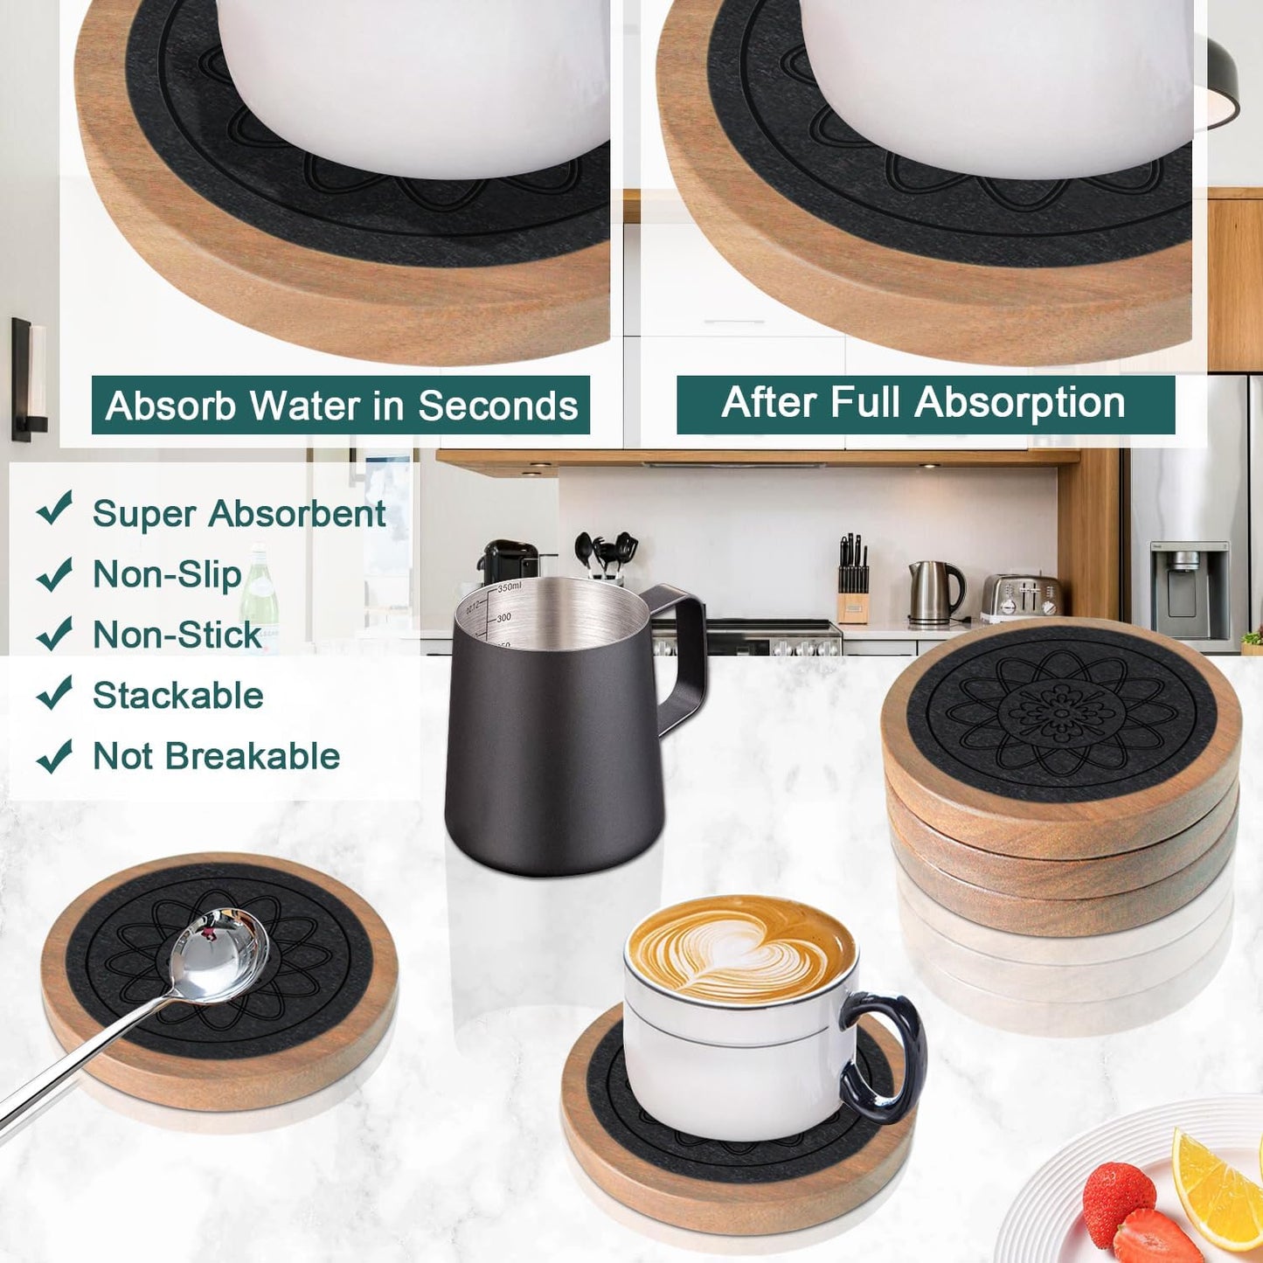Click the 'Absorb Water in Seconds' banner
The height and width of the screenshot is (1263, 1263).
coord(341,405)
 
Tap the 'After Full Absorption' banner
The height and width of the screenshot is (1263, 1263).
coord(925,403)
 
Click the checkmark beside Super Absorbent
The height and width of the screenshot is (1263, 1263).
coord(54,509)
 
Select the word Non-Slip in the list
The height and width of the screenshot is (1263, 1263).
coord(167,575)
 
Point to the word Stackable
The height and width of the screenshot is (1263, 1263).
coord(177,696)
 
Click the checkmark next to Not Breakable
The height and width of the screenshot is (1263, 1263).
coord(54,755)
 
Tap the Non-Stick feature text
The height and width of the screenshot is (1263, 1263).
coord(177,635)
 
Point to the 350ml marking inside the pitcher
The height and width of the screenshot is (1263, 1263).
coord(509,586)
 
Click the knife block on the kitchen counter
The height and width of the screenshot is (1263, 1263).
coord(852,594)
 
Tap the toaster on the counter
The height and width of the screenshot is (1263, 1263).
coord(1021,598)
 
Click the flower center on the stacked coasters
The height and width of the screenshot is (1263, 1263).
coord(1059,713)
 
